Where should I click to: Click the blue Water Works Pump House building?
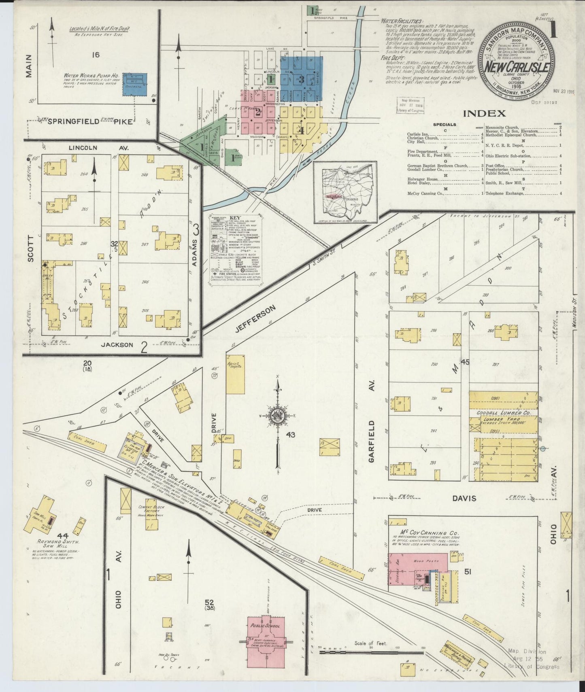pyautogui.click(x=134, y=85)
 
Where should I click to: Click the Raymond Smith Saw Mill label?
pyautogui.click(x=53, y=543)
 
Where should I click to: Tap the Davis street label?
pyautogui.click(x=464, y=498)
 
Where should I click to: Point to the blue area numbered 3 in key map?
pyautogui.click(x=301, y=79)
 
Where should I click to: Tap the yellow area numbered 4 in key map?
pyautogui.click(x=301, y=130)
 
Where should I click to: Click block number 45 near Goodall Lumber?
pyautogui.click(x=464, y=362)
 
